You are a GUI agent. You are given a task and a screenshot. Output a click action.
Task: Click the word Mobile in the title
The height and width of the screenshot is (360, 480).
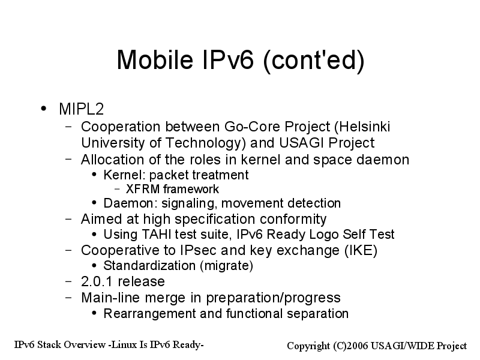[155, 59]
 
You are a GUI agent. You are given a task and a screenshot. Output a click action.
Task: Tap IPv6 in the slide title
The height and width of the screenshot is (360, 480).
[228, 59]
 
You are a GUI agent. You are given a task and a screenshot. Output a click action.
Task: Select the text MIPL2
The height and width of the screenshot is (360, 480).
[82, 109]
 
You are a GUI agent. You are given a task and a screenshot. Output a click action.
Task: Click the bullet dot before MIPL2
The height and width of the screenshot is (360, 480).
[44, 109]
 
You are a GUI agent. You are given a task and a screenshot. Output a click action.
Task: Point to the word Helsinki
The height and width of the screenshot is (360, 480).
[362, 127]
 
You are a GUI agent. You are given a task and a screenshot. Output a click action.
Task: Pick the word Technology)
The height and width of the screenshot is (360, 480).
[205, 143]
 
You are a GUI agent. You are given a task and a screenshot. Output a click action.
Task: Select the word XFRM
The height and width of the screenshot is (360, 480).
[143, 189]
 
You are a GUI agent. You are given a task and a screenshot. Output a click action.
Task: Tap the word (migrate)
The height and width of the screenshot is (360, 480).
[226, 266]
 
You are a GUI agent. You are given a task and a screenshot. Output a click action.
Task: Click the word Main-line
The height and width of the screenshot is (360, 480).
[111, 298]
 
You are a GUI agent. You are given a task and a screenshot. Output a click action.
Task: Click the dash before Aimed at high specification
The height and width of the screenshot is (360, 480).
[68, 219]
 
